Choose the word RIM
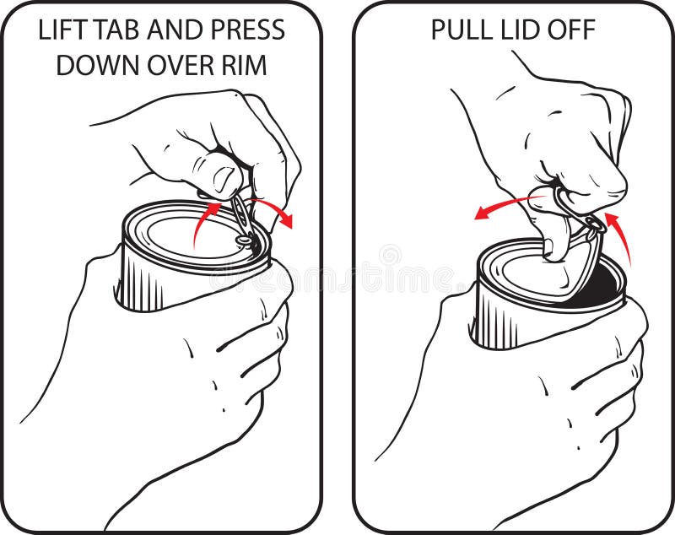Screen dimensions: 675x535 pyautogui.click(x=246, y=66)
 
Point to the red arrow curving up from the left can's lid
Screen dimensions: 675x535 pyautogui.click(x=202, y=222)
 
